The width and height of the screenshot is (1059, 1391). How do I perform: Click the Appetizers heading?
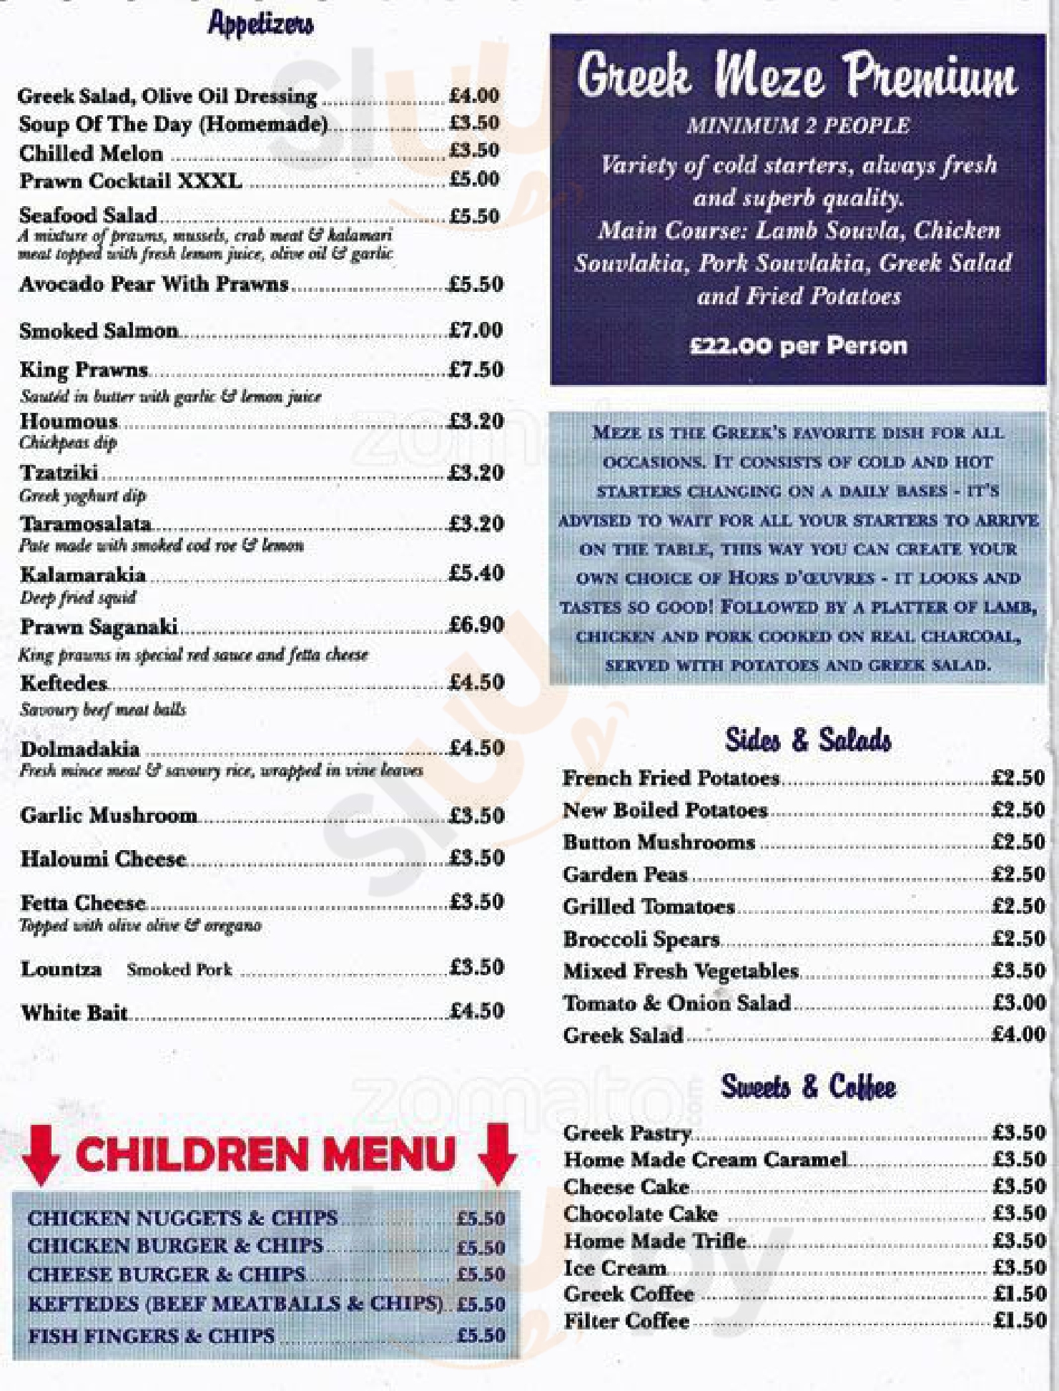click(260, 25)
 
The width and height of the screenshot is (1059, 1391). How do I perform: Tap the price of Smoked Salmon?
click(476, 331)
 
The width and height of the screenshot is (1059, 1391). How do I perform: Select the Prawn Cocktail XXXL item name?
click(130, 181)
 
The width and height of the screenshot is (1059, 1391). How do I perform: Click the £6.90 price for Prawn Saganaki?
click(476, 625)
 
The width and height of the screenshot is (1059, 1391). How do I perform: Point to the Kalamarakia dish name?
click(83, 575)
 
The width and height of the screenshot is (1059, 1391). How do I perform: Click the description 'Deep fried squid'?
click(77, 597)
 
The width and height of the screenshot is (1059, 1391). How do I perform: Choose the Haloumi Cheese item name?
click(104, 858)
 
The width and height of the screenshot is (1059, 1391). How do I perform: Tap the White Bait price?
click(477, 1011)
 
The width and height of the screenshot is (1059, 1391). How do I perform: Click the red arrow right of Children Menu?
click(496, 1153)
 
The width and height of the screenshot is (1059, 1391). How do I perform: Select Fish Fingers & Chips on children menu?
click(151, 1335)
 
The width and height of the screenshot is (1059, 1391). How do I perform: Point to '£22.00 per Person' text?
click(798, 346)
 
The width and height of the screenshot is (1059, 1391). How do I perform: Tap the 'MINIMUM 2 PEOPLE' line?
click(798, 127)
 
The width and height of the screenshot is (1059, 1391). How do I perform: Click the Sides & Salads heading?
click(808, 740)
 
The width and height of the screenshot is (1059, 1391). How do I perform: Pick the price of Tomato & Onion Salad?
click(1019, 1002)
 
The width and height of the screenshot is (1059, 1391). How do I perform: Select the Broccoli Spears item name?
click(641, 939)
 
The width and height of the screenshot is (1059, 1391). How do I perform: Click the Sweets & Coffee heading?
click(808, 1086)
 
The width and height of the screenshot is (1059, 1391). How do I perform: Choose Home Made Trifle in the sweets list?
click(655, 1240)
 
